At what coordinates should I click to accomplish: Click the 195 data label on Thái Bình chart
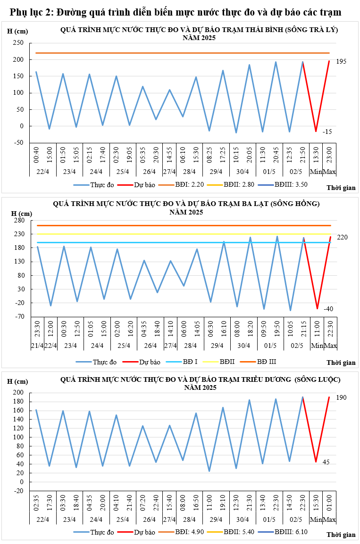(341, 62)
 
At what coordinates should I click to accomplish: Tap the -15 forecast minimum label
(327, 132)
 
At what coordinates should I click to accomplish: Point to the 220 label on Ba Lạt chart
(342, 237)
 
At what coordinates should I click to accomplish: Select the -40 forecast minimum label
(328, 309)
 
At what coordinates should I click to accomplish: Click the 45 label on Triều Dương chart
(326, 462)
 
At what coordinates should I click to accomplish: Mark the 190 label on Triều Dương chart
(341, 397)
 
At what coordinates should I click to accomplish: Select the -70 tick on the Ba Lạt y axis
(19, 317)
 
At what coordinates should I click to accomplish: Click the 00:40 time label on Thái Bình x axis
(36, 157)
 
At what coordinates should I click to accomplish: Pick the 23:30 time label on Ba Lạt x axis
(37, 329)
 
